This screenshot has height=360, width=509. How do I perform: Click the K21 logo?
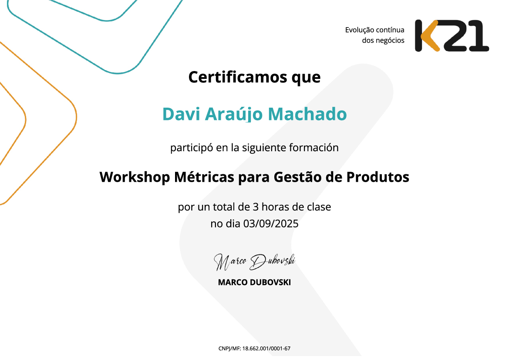click(x=452, y=35)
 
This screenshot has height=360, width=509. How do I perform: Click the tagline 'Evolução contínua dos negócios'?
click(x=374, y=35)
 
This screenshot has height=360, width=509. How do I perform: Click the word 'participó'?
click(x=192, y=148)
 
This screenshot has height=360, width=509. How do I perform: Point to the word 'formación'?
click(x=313, y=148)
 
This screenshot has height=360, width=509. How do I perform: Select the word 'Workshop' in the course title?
click(x=135, y=177)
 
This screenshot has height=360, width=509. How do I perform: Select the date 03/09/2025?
click(x=271, y=224)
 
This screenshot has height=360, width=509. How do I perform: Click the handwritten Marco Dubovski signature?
click(x=255, y=262)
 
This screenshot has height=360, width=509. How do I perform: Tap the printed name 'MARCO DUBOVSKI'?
click(x=254, y=282)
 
